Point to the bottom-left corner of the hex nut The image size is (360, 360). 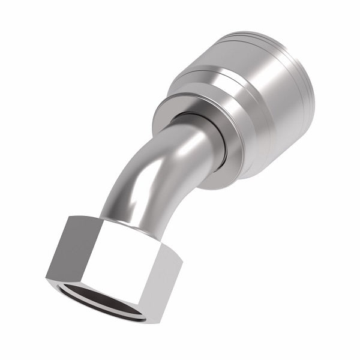pyautogui.click(x=46, y=278)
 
